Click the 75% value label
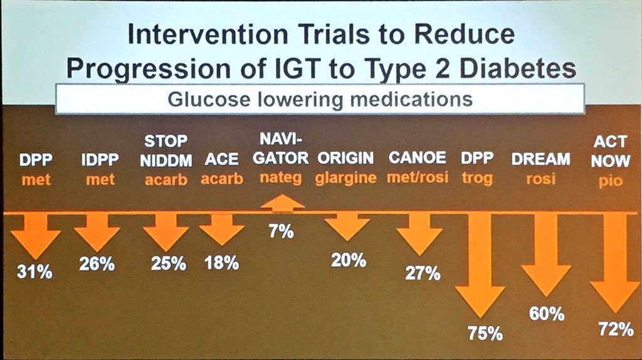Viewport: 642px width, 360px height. click(485, 334)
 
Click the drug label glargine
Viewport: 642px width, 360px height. click(346, 178)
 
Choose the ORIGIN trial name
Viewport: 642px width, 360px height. click(345, 158)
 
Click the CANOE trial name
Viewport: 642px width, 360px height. click(418, 158)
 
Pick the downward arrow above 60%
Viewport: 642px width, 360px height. click(544, 260)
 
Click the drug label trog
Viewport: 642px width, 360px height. click(478, 178)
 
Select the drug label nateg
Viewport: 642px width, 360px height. click(281, 177)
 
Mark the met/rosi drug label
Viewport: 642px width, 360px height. click(418, 178)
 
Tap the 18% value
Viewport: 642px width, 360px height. click(221, 263)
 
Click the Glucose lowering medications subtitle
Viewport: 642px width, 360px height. click(320, 99)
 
